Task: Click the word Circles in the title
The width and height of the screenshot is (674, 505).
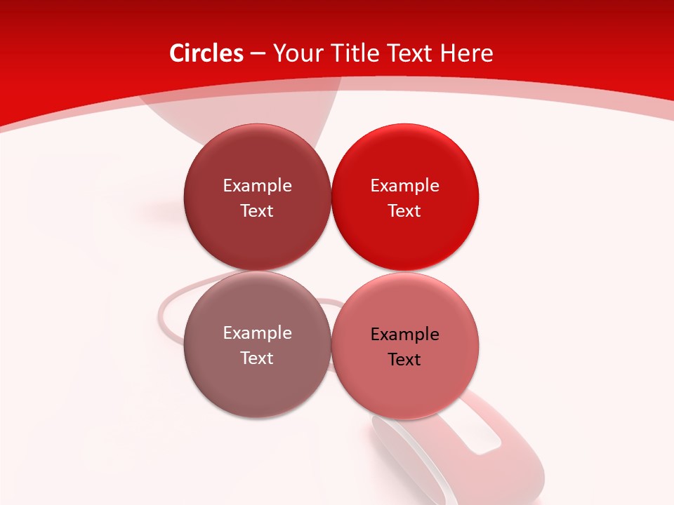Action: (206, 53)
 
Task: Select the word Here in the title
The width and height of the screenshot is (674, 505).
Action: (467, 53)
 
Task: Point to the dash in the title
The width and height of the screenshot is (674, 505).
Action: (258, 54)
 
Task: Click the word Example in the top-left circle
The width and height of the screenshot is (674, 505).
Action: (257, 186)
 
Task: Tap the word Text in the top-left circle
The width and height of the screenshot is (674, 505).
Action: (257, 211)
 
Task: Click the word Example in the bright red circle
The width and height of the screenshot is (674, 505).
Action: (405, 186)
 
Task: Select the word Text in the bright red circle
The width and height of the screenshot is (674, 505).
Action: (405, 211)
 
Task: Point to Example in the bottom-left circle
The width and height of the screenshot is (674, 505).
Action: (257, 333)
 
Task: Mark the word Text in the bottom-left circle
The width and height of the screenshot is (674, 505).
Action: (257, 358)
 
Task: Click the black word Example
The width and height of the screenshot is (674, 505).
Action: (405, 335)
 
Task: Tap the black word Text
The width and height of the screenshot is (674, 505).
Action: (405, 360)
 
